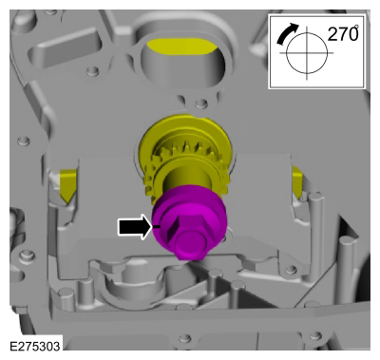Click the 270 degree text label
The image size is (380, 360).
pyautogui.click(x=343, y=33)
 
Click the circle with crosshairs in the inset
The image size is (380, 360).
pyautogui.click(x=307, y=53)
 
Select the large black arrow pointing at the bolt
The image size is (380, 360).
pyautogui.click(x=135, y=226)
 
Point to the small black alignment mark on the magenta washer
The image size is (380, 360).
pyautogui.click(x=157, y=226)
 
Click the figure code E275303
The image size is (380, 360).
pyautogui.click(x=34, y=346)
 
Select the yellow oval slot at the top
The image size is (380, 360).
pyautogui.click(x=182, y=47)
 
